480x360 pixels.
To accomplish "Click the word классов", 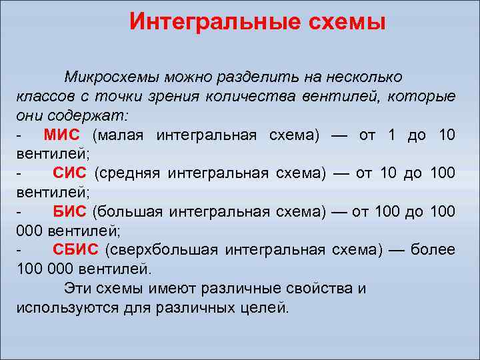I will (40, 97).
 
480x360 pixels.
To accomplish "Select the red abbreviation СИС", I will (69, 173).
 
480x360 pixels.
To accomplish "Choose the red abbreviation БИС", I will (69, 212).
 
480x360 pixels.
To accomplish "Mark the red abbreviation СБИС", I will (75, 251).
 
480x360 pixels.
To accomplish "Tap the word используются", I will (67, 309).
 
